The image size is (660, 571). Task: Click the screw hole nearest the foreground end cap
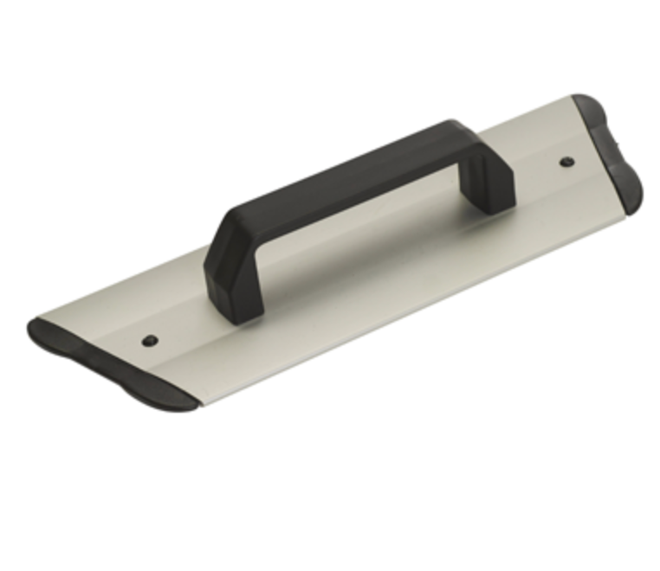click(150, 340)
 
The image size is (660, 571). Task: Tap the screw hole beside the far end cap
click(566, 161)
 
